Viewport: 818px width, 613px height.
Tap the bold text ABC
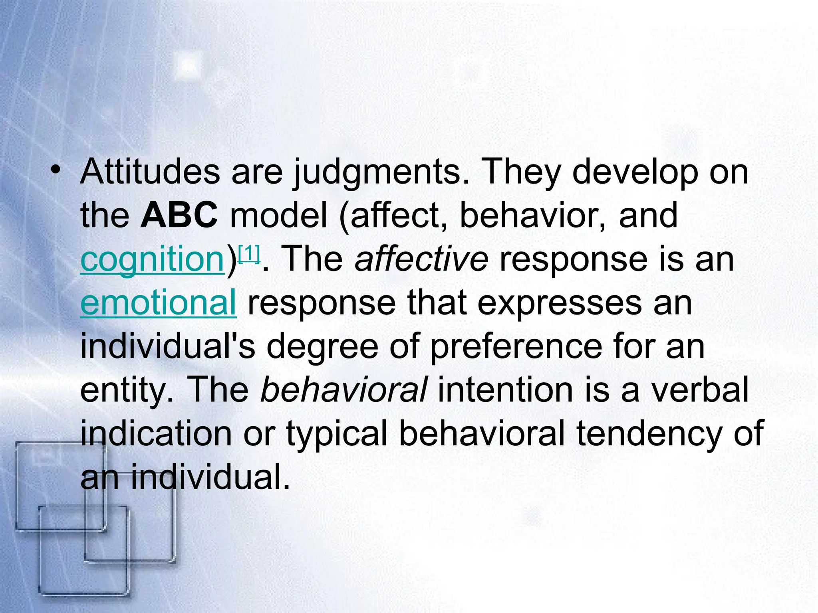(179, 216)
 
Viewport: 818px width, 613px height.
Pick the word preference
(516, 346)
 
